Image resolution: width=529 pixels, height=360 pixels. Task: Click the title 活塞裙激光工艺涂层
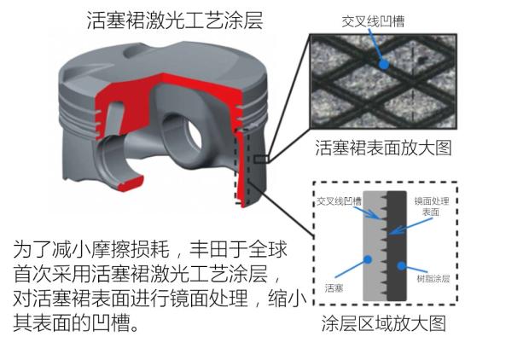tap(175, 20)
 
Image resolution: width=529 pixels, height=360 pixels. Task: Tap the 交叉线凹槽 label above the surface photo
tap(373, 21)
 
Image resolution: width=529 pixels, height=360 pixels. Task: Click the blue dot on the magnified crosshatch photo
tap(383, 64)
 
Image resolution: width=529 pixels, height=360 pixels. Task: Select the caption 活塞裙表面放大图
tap(383, 148)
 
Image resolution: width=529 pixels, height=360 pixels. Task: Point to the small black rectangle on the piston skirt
tap(261, 159)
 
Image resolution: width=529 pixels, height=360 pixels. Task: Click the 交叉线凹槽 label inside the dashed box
tap(339, 201)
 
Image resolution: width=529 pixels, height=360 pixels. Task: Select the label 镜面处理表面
tap(432, 206)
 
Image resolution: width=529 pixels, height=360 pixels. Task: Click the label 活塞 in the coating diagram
tap(334, 288)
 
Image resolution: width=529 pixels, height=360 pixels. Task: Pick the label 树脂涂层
tap(433, 278)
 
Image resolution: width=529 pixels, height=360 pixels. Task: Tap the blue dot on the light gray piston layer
tap(368, 259)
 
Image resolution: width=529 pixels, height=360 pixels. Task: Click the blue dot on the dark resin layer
tap(401, 266)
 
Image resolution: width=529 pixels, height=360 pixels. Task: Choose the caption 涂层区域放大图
tap(384, 323)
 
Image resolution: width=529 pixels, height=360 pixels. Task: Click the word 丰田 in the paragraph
tap(209, 250)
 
